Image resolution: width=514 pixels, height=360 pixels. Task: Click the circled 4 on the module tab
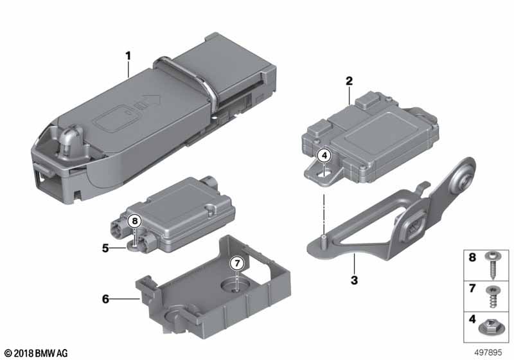click(x=325, y=155)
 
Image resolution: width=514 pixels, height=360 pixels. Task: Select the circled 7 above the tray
click(x=236, y=263)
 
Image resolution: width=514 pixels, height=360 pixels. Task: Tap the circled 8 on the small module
click(x=134, y=221)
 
